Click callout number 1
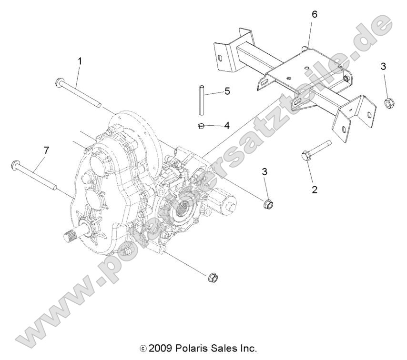click(x=80, y=61)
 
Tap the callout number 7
click(x=46, y=150)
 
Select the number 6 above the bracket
click(x=314, y=15)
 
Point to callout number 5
click(x=227, y=91)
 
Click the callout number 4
click(x=227, y=126)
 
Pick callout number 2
click(x=314, y=189)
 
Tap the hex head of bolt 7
click(x=14, y=165)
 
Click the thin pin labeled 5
click(x=202, y=100)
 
